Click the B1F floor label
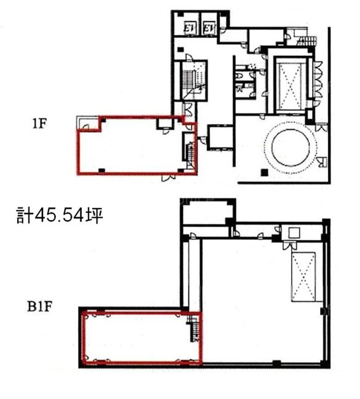(40, 306)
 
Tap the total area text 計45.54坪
(60, 215)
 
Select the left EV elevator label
(189, 28)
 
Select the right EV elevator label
(209, 28)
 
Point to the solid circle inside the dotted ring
(291, 147)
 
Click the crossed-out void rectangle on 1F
(291, 85)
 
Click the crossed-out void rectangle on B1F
(303, 277)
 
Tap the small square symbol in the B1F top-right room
(294, 233)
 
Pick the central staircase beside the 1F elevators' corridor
(194, 80)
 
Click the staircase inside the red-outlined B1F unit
(194, 328)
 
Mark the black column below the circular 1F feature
(265, 172)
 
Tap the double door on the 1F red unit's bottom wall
(168, 177)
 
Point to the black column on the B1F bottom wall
(276, 364)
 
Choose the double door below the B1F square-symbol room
(290, 246)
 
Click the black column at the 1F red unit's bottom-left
(101, 170)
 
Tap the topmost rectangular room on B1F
(207, 212)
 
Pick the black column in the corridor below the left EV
(181, 49)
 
